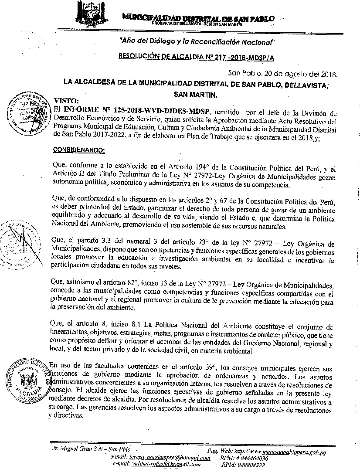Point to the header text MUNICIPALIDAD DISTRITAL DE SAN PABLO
[199, 18]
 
